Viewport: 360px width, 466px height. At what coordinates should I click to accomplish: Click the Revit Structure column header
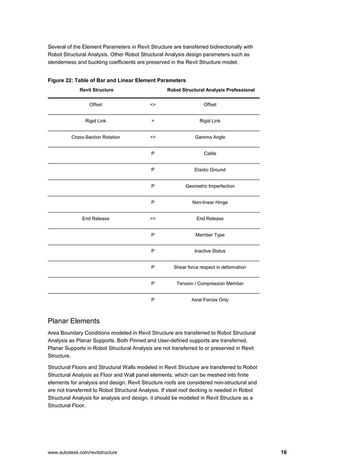(96, 90)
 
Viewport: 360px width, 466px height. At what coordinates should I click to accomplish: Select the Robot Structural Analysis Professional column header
(210, 90)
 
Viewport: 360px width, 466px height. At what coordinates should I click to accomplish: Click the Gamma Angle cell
(210, 137)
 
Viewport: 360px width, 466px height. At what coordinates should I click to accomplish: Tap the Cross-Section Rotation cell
(95, 137)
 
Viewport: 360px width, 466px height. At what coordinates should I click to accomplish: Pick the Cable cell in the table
(210, 153)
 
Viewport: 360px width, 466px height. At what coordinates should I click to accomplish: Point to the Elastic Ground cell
(210, 170)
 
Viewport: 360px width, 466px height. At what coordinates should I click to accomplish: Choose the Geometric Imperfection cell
(210, 186)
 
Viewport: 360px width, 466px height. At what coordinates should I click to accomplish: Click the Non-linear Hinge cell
(210, 202)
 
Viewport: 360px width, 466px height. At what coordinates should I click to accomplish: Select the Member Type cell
(210, 235)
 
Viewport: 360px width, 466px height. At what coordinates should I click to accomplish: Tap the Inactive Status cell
(210, 251)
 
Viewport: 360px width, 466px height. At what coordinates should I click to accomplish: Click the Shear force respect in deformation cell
(210, 267)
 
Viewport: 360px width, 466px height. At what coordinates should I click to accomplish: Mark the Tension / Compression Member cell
(210, 284)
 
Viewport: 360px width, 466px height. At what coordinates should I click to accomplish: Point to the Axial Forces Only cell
(210, 300)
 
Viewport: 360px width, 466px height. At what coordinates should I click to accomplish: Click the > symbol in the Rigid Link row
(153, 121)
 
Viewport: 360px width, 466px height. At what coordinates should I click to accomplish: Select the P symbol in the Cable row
(153, 153)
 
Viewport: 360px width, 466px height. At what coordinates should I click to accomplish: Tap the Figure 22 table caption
(116, 80)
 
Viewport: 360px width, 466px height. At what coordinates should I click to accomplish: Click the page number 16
(284, 452)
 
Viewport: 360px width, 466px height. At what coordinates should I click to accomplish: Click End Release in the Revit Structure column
(95, 218)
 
